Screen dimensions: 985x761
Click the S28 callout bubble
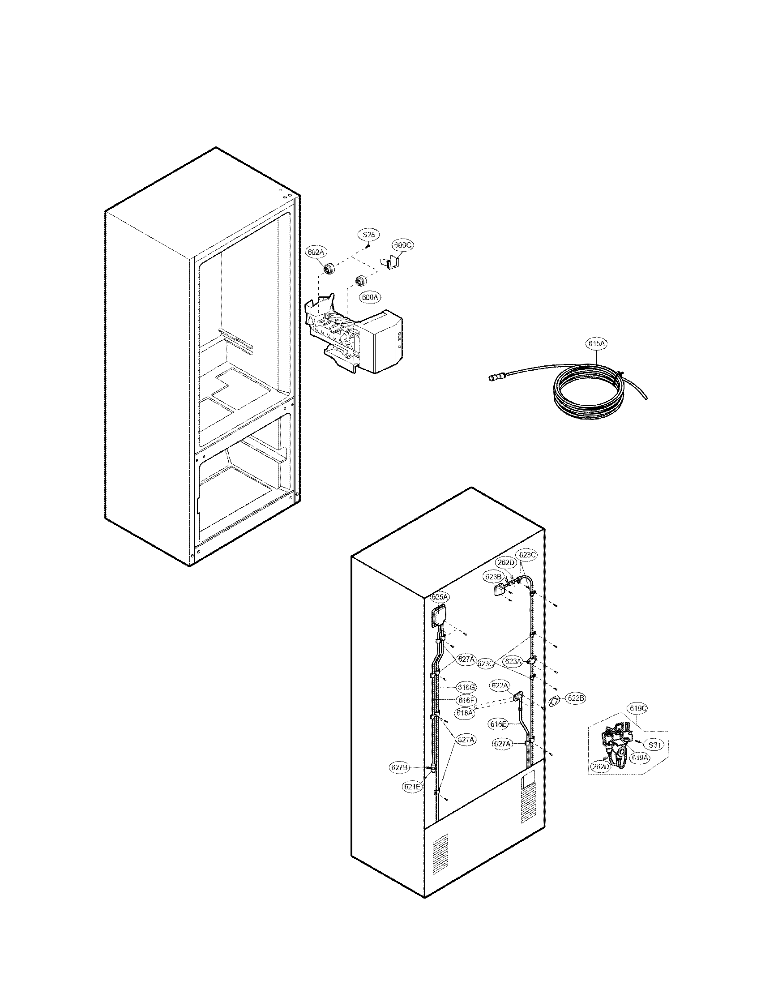pyautogui.click(x=368, y=235)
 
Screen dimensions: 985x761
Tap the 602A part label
pyautogui.click(x=316, y=252)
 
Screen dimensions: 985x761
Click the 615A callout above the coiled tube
pyautogui.click(x=596, y=344)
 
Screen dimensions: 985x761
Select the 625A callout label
pyautogui.click(x=440, y=597)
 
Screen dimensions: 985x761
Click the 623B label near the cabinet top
pyautogui.click(x=493, y=576)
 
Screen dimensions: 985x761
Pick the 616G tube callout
pyautogui.click(x=466, y=687)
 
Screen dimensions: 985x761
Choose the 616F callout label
pyautogui.click(x=466, y=700)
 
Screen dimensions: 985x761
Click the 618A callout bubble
pyautogui.click(x=465, y=713)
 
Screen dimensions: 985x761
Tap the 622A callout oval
pyautogui.click(x=500, y=685)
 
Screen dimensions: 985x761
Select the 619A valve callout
pyautogui.click(x=639, y=758)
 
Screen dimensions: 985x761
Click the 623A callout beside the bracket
pyautogui.click(x=513, y=661)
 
